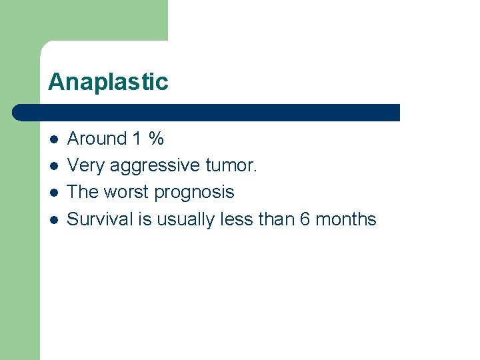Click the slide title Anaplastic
[x=108, y=82]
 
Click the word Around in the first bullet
[x=97, y=139]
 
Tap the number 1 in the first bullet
[x=137, y=139]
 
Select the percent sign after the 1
[x=156, y=139]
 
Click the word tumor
[x=229, y=165]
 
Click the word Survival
[x=100, y=219]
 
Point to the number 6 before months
[x=305, y=219]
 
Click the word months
[x=346, y=219]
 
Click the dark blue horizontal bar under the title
[x=207, y=112]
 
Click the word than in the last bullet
[x=275, y=219]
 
